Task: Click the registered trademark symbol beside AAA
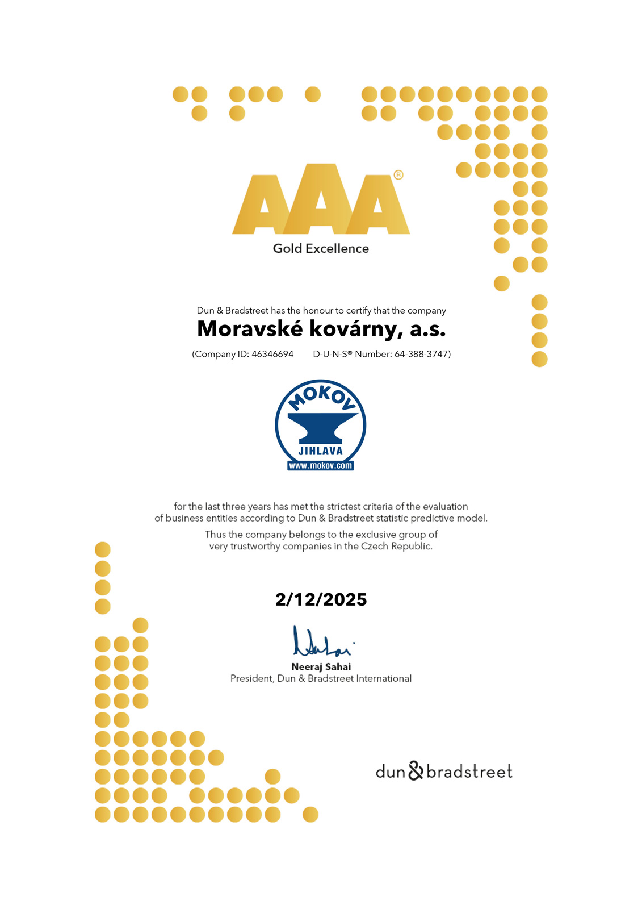pos(398,175)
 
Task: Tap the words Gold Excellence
pos(321,248)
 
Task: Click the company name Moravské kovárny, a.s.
pos(321,329)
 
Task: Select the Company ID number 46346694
pos(272,354)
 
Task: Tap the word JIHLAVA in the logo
pos(321,451)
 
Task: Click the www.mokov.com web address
pos(321,466)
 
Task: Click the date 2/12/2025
pos(321,599)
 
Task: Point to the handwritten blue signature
pos(321,643)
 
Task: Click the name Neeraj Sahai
pos(321,667)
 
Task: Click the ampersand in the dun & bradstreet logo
pos(416,771)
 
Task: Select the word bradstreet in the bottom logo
pos(469,772)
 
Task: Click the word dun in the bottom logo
pos(390,772)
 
